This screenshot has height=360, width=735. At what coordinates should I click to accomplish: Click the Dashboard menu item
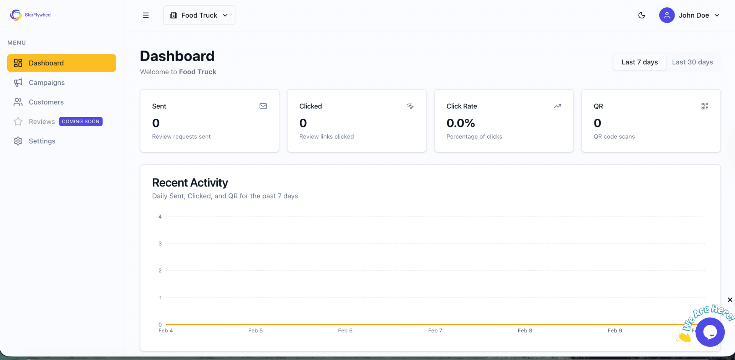pyautogui.click(x=61, y=63)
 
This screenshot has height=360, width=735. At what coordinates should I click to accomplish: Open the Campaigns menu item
pyautogui.click(x=46, y=83)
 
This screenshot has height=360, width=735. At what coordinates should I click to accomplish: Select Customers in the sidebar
pyautogui.click(x=46, y=102)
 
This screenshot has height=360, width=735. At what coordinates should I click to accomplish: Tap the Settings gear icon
pyautogui.click(x=18, y=141)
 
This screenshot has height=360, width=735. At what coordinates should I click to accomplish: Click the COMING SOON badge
pyautogui.click(x=81, y=121)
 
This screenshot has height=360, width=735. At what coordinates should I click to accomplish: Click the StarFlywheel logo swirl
pyautogui.click(x=16, y=15)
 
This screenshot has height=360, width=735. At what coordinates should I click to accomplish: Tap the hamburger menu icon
pyautogui.click(x=145, y=15)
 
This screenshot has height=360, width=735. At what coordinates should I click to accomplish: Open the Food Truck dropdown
pyautogui.click(x=199, y=15)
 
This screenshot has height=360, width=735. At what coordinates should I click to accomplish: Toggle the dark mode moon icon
pyautogui.click(x=642, y=15)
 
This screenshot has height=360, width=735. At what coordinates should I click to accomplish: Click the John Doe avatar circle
pyautogui.click(x=666, y=15)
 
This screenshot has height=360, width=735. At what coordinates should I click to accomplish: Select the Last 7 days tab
pyautogui.click(x=639, y=62)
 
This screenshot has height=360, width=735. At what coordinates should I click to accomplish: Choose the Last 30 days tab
pyautogui.click(x=692, y=62)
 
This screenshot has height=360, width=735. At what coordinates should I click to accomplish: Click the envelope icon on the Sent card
pyautogui.click(x=263, y=106)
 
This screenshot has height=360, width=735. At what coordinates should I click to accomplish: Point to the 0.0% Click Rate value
pyautogui.click(x=461, y=123)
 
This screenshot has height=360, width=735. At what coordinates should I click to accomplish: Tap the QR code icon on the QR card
pyautogui.click(x=704, y=106)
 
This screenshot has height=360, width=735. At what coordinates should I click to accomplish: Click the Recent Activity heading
pyautogui.click(x=190, y=183)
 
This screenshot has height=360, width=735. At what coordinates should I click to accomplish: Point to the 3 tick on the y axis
pyautogui.click(x=160, y=244)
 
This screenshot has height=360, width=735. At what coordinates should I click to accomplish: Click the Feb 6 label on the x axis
pyautogui.click(x=345, y=331)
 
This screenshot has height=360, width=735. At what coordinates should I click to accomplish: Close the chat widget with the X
pyautogui.click(x=730, y=300)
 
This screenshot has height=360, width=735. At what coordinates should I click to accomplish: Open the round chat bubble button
pyautogui.click(x=710, y=332)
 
